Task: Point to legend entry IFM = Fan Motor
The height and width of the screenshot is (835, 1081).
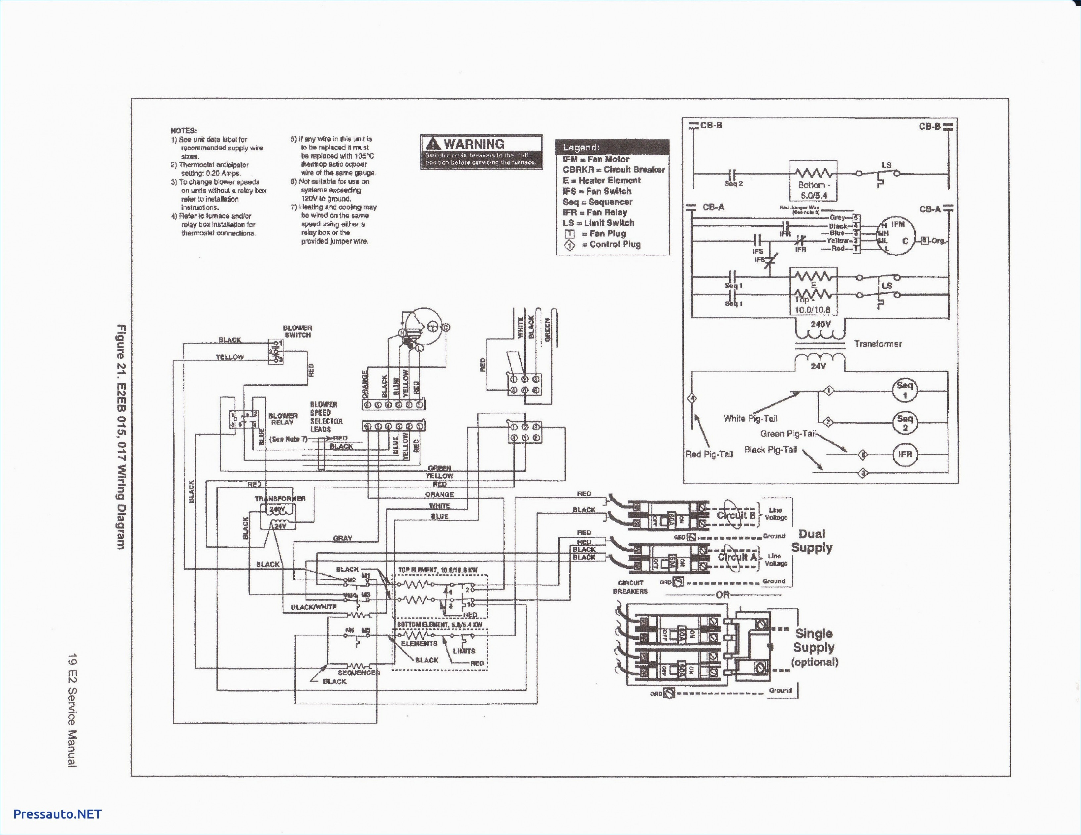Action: point(595,159)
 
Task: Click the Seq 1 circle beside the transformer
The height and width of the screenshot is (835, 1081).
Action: point(904,390)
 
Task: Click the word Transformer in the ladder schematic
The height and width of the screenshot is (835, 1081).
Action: point(877,344)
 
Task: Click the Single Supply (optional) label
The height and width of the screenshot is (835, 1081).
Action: point(814,647)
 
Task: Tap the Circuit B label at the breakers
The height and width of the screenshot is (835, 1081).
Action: point(736,515)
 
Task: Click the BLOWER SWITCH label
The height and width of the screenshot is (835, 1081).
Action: point(298,331)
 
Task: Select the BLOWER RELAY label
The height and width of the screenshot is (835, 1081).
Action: point(283,419)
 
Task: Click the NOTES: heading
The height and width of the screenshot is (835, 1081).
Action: point(184,131)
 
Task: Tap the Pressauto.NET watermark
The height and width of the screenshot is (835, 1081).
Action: point(57,814)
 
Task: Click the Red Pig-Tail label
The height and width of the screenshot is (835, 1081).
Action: point(709,454)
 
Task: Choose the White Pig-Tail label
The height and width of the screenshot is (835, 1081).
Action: point(750,418)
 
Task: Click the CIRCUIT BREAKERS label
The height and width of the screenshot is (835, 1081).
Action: point(630,587)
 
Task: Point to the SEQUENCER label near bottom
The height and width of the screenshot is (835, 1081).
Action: point(358,673)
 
